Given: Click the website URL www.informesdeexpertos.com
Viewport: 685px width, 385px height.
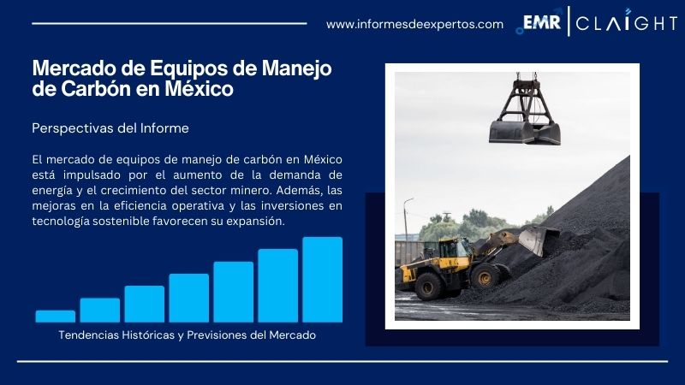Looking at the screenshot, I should [x=414, y=24].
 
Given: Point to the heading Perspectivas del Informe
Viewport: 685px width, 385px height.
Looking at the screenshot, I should [x=110, y=128].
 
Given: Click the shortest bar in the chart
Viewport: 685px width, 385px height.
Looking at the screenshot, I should [x=55, y=316].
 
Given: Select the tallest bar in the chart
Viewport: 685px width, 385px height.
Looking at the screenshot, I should [x=322, y=279].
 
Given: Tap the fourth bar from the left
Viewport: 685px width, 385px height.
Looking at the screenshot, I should [x=188, y=298].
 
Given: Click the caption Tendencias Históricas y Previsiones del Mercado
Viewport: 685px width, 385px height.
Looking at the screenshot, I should [x=188, y=335].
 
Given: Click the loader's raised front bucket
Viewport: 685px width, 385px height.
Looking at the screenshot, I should [x=537, y=239].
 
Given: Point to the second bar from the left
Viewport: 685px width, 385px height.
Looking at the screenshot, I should [x=99, y=310].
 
